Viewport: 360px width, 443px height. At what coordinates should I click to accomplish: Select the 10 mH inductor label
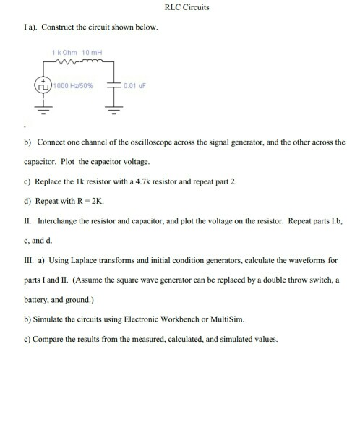pyautogui.click(x=93, y=52)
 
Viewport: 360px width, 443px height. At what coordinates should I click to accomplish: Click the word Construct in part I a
pyautogui.click(x=59, y=27)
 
